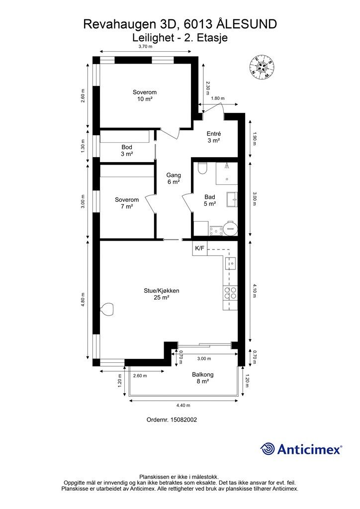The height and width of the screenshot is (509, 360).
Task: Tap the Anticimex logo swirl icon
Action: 267,449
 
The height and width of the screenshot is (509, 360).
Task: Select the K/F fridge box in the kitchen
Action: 199,249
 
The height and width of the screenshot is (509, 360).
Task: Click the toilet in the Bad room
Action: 202,168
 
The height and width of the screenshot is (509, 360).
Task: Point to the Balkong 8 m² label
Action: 202,378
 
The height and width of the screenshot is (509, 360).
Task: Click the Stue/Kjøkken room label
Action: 161,294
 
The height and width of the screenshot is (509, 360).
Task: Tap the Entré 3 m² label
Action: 214,137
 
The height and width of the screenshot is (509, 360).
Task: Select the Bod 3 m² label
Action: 127,151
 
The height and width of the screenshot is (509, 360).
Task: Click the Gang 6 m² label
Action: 174,178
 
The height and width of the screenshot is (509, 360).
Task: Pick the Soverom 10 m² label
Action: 145,95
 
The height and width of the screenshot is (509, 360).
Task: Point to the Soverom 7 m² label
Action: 127,203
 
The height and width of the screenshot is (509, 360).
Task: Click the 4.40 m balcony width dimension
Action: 183,405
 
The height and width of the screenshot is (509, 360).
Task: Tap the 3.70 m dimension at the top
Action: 145,46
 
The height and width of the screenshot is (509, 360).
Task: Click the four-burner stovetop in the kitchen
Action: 230,292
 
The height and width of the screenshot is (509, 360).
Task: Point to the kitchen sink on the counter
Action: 232,263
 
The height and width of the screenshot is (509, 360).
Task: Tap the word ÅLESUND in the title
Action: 247,24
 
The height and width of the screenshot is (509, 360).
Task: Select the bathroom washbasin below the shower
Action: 232,199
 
